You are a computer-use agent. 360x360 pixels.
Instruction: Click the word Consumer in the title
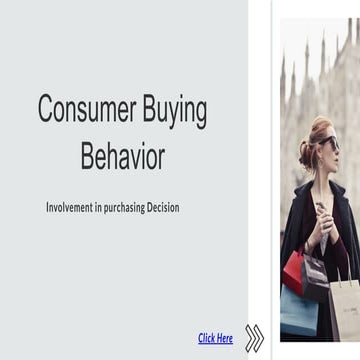pos(83,109)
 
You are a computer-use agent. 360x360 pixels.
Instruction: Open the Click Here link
pos(215,338)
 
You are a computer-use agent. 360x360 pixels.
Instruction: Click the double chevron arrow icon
pos(255,338)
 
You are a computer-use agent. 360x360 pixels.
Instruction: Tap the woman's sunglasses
pos(328,143)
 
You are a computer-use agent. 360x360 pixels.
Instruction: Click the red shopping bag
pos(294,271)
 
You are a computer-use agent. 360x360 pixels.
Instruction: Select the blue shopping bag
pos(297,310)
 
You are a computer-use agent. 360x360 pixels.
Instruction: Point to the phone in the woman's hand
pos(321,210)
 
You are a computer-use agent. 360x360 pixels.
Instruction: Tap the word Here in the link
pos(224,338)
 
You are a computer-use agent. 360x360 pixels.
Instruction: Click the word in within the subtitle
pos(102,208)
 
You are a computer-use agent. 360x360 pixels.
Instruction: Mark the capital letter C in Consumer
pos(46,109)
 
